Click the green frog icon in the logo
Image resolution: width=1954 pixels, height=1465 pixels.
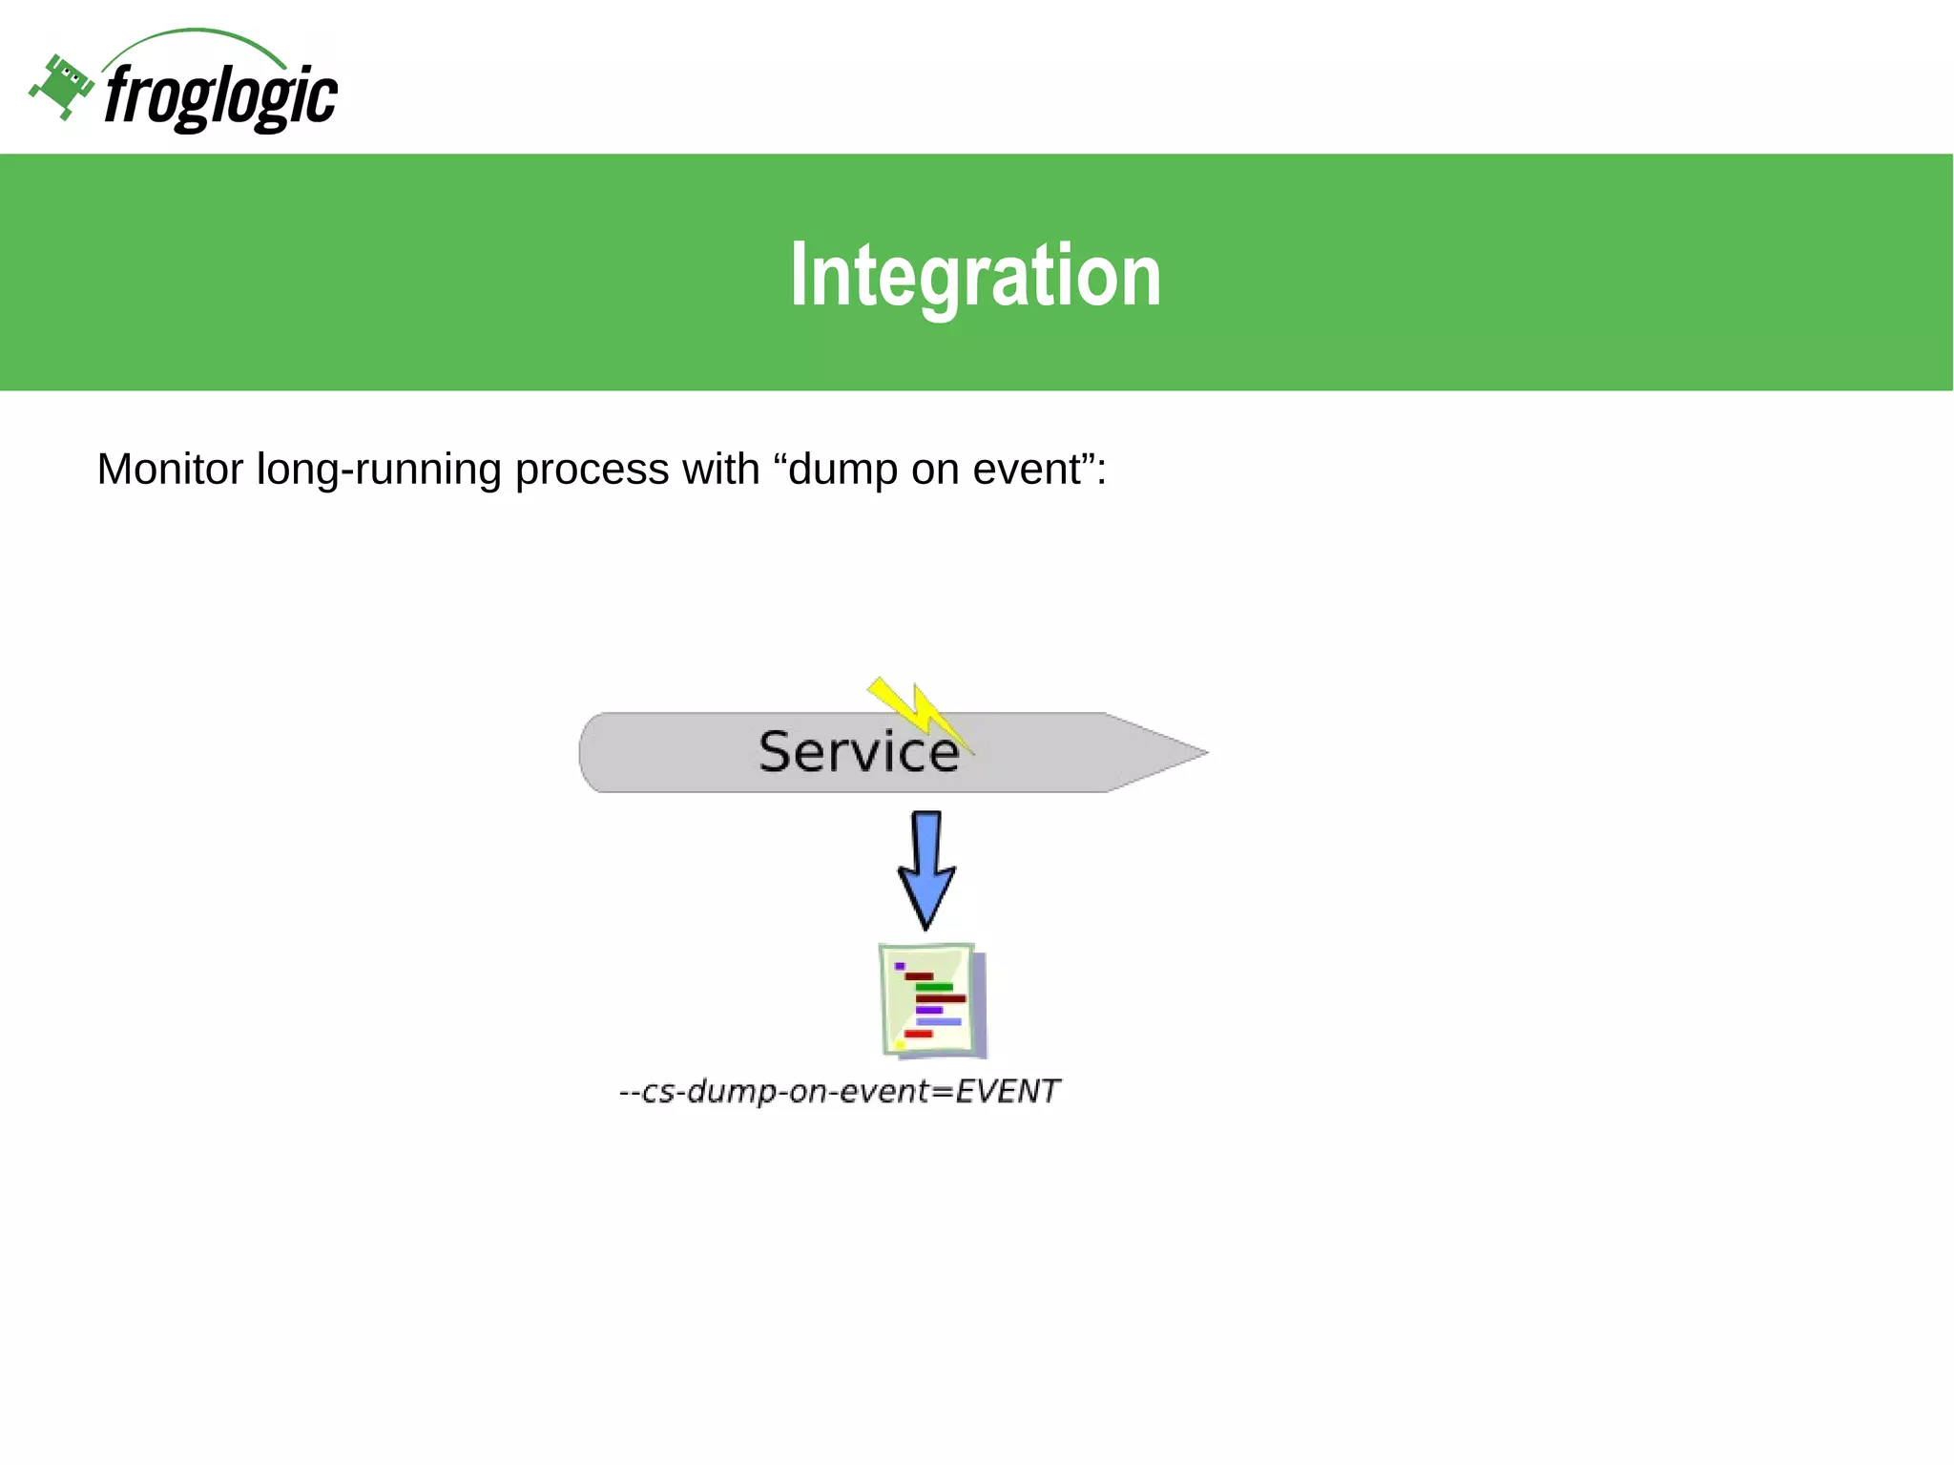pos(61,87)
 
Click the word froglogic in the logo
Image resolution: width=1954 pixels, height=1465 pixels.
pos(220,96)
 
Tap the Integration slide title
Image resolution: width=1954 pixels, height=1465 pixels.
pos(975,275)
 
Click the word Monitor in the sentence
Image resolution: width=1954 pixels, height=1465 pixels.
pos(170,470)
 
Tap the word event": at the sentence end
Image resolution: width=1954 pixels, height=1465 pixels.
pos(1039,470)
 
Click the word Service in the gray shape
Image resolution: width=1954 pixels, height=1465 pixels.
pos(858,752)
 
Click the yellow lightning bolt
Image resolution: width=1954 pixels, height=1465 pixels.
pos(915,710)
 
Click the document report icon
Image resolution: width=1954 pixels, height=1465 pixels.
pos(931,1000)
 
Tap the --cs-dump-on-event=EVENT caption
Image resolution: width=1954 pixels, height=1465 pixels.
pos(839,1090)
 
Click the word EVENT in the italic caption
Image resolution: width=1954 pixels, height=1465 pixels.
pos(1007,1090)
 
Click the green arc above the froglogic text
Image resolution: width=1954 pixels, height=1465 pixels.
pos(196,34)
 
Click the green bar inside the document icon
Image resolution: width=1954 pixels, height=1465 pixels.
pos(934,987)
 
